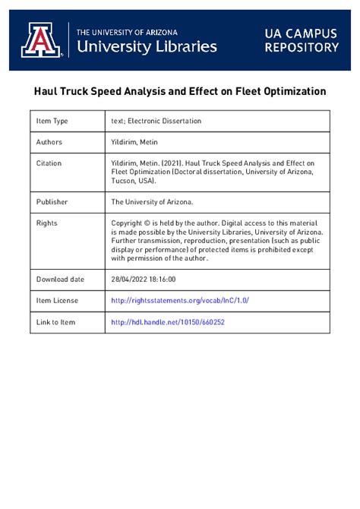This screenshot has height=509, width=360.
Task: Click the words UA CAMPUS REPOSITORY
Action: [302, 40]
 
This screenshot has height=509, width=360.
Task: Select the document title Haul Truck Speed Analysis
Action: [180, 91]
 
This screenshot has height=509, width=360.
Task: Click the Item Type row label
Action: [52, 122]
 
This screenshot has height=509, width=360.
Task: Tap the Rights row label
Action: [47, 223]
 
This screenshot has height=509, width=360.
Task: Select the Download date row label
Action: [62, 280]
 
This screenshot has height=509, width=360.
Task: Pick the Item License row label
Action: [58, 301]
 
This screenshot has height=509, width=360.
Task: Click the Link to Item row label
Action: [56, 322]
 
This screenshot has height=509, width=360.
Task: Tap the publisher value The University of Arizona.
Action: [153, 202]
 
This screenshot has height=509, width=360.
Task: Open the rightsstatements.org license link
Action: [179, 301]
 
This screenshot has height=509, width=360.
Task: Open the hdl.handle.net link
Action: [168, 322]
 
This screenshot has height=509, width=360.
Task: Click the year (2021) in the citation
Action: [173, 163]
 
